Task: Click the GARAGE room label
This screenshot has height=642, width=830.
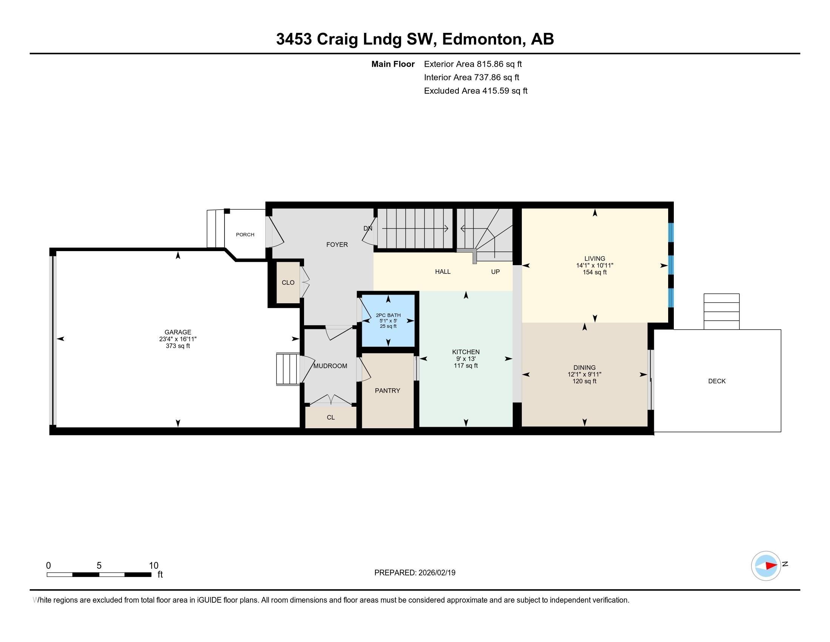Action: pos(177,332)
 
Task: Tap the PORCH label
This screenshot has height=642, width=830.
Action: pos(245,235)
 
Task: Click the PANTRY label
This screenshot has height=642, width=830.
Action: pos(387,390)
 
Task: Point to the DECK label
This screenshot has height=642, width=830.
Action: pos(717,381)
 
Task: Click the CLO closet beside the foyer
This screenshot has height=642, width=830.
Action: pos(288,282)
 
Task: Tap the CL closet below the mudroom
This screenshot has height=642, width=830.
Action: pos(330,417)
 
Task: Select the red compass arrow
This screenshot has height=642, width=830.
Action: pos(771,566)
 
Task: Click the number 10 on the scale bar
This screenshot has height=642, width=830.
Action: pos(154,566)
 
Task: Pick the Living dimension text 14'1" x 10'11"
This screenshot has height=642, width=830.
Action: pos(594,265)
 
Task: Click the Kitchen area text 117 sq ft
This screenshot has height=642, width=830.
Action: pos(466,366)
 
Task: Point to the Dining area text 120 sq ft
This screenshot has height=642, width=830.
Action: pos(584,381)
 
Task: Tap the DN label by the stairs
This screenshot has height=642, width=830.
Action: pos(367,228)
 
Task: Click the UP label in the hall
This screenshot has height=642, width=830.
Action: pos(495,272)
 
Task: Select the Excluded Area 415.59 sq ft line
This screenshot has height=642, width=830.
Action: pos(475,91)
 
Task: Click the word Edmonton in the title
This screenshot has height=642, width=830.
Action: pos(482,39)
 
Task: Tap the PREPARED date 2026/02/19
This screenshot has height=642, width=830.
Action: pos(436,573)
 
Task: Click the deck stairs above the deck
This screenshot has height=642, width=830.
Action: pos(721,312)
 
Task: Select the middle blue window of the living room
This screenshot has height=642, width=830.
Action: pos(671,265)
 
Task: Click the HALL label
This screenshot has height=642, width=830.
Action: pos(443,272)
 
